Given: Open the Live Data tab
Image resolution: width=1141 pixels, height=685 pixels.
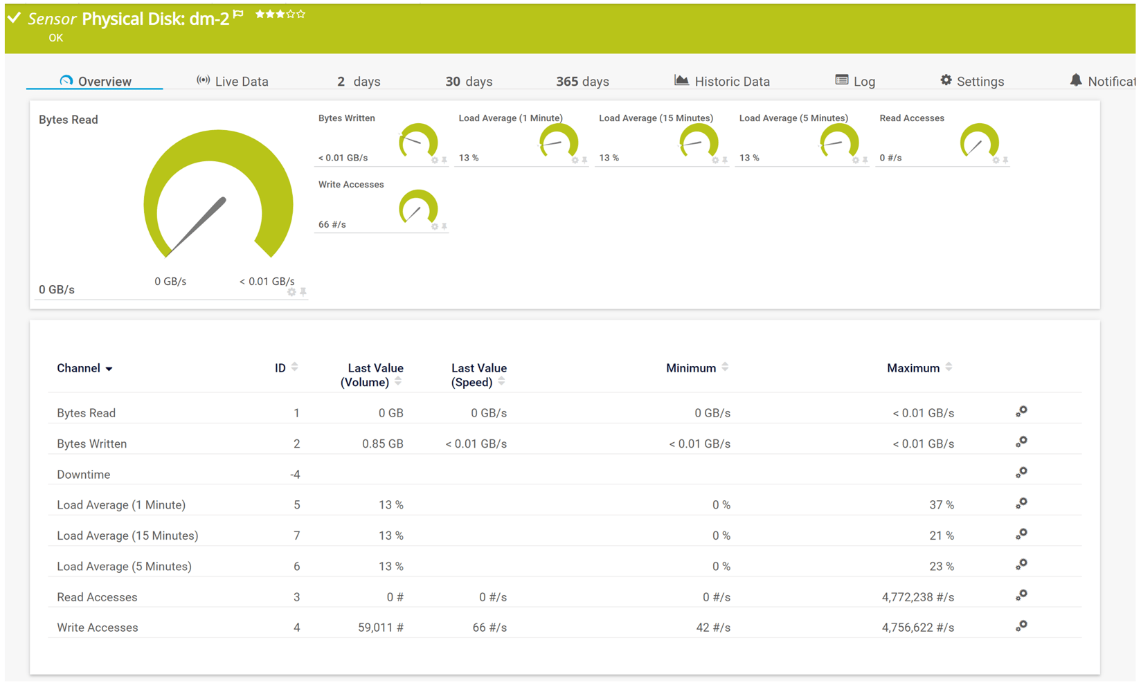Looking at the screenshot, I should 233,82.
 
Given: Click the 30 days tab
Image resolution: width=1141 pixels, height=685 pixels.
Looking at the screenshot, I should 469,82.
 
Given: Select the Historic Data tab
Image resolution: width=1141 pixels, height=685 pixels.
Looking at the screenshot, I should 722,82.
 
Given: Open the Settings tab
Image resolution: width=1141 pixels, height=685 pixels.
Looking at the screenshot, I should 972,82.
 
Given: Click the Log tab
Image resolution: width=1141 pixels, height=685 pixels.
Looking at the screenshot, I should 855,82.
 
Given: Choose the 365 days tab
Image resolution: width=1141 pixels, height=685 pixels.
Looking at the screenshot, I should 582,82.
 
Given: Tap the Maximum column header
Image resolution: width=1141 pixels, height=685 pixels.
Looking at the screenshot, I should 913,368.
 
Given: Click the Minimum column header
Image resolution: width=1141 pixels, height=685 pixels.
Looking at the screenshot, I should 691,368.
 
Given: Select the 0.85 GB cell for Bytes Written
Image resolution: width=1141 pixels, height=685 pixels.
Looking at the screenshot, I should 383,444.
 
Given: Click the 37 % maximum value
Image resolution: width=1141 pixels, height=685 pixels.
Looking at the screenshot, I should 941,505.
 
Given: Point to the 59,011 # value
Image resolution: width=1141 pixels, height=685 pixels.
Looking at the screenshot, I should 381,628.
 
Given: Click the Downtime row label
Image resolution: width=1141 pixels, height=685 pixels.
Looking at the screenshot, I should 83,475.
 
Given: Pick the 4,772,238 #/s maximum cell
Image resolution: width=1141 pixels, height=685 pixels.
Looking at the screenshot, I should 917,597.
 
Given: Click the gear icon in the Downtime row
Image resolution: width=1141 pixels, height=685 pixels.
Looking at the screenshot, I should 1021,473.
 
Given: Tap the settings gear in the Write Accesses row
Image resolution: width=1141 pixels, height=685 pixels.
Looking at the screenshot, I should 1021,626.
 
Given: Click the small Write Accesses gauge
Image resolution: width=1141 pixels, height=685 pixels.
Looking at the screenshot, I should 417,207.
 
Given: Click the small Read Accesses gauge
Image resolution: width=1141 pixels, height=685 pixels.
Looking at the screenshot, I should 978,141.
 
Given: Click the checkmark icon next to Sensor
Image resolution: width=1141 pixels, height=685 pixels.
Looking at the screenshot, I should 14,18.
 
